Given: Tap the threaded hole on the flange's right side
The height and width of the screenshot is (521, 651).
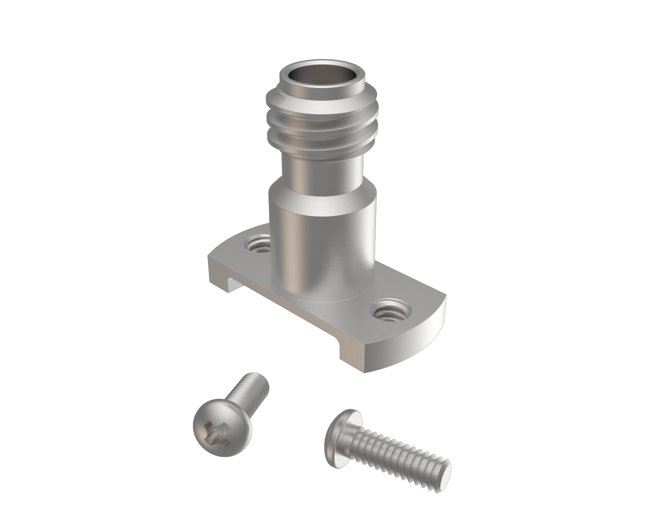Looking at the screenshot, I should [x=389, y=313].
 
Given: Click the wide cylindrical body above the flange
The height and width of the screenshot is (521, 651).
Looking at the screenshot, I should [x=321, y=244].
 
